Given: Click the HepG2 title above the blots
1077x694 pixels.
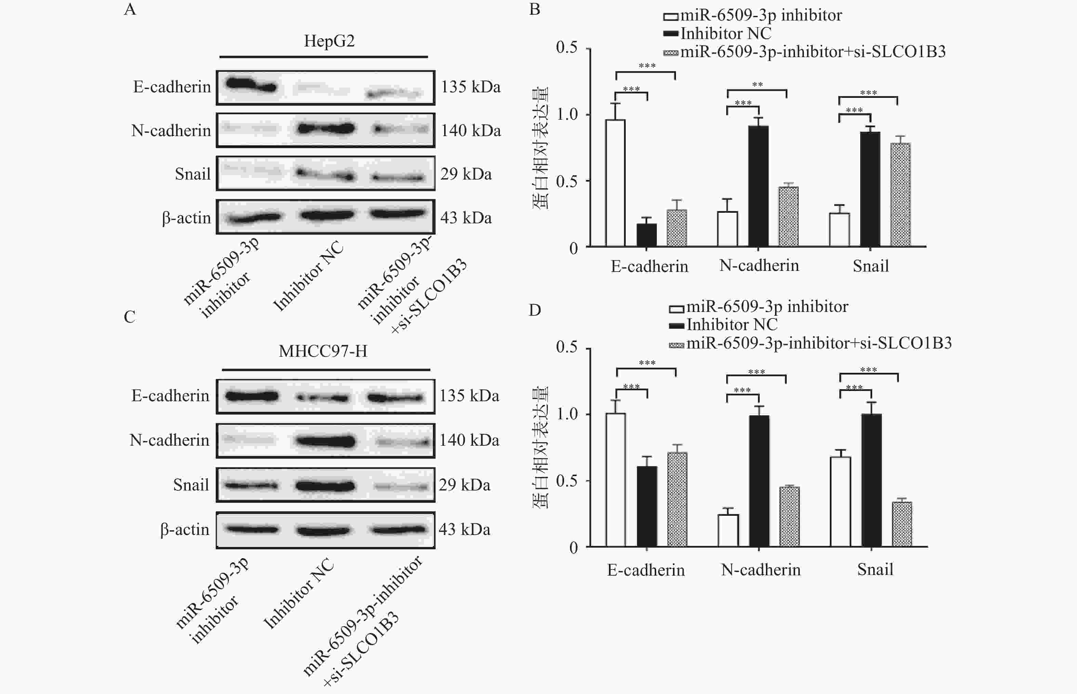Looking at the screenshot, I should [x=329, y=41].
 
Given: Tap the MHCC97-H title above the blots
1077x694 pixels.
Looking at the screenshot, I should [x=323, y=351].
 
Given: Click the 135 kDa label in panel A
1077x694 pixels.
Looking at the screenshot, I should [x=470, y=87].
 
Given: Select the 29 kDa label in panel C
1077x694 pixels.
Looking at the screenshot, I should [x=464, y=485].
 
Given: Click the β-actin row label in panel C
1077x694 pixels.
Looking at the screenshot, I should [x=185, y=529].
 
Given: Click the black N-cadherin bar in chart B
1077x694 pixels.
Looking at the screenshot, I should [x=759, y=186].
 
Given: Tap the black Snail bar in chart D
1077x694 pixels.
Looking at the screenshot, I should [x=872, y=480].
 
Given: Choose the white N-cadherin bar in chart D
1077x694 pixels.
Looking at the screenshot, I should [x=728, y=531].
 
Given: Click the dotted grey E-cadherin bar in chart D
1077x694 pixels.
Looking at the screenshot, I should [x=677, y=499].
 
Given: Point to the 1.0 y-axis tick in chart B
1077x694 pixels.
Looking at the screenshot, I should [x=567, y=115].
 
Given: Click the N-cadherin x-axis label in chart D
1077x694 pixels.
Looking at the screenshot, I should [x=761, y=569].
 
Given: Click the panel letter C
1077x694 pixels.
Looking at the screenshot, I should [x=130, y=317].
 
